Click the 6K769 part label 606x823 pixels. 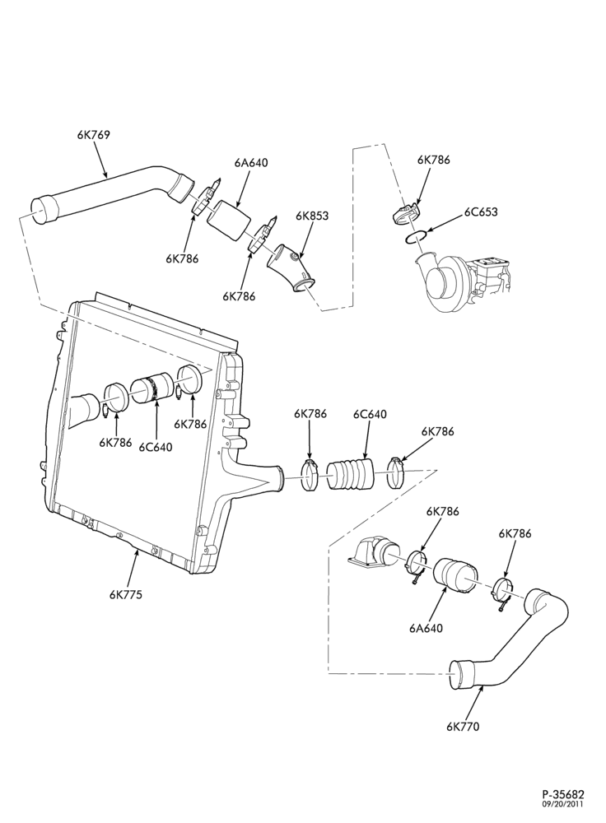pos(94,135)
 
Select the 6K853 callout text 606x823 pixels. pos(312,215)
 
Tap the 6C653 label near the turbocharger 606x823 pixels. pos(481,212)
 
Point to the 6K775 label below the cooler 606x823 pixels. pos(126,594)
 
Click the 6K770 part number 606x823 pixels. pos(464,727)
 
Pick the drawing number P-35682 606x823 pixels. pos(563,794)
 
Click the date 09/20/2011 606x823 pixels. pos(563,803)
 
